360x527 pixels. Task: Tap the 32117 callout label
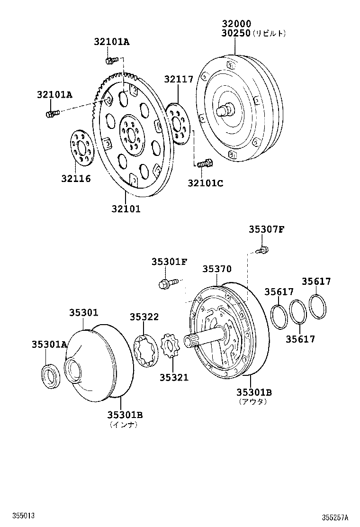click(x=179, y=79)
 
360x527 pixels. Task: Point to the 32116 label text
click(x=76, y=179)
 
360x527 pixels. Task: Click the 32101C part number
click(x=205, y=183)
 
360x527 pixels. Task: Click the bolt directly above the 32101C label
click(x=204, y=164)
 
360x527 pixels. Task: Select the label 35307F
click(x=266, y=230)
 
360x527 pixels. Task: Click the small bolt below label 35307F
click(x=262, y=250)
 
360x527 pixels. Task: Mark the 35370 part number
click(x=217, y=269)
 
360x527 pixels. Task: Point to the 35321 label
click(x=173, y=377)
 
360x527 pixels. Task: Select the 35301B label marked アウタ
click(x=254, y=392)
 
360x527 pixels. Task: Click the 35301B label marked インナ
click(x=125, y=415)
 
